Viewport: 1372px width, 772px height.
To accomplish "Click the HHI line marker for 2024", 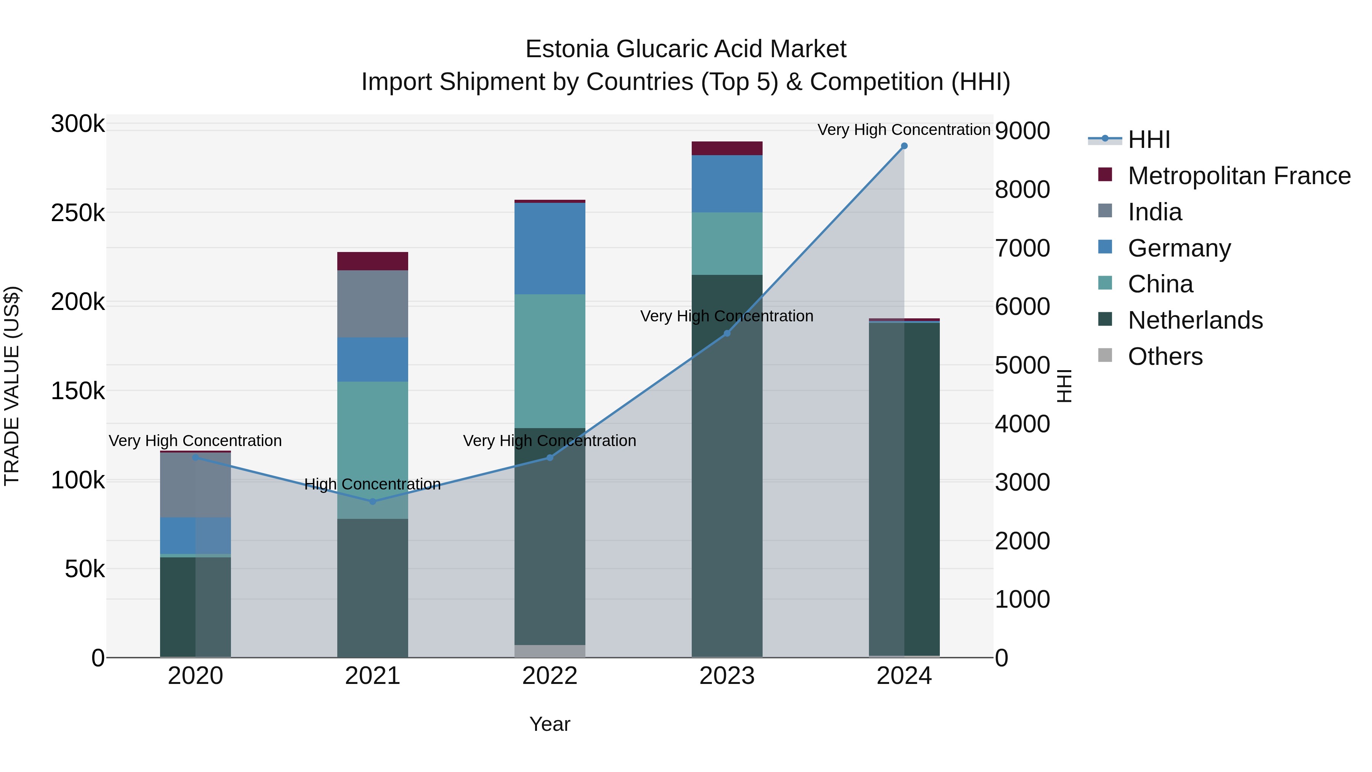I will tap(904, 146).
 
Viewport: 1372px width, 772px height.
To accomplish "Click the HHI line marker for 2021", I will tap(373, 501).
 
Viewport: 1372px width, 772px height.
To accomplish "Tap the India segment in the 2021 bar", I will tap(373, 304).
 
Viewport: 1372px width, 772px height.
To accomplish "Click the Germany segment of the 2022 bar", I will tap(550, 248).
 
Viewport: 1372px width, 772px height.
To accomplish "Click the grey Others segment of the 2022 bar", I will tap(550, 651).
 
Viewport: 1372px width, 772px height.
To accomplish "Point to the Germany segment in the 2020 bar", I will tap(195, 536).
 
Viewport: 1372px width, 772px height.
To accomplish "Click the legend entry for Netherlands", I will tap(1195, 320).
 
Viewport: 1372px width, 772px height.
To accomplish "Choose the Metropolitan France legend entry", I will tap(1239, 176).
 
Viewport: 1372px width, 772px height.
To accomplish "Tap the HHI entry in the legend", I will tap(1148, 140).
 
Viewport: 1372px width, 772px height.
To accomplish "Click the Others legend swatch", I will tap(1105, 355).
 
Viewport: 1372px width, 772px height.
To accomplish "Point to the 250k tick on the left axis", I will tap(78, 213).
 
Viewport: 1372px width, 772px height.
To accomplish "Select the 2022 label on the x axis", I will tap(550, 676).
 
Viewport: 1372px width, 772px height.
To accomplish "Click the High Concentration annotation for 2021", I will tap(373, 484).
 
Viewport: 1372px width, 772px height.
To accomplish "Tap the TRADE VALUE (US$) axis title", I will tap(12, 386).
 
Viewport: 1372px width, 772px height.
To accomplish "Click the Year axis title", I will tap(550, 724).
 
